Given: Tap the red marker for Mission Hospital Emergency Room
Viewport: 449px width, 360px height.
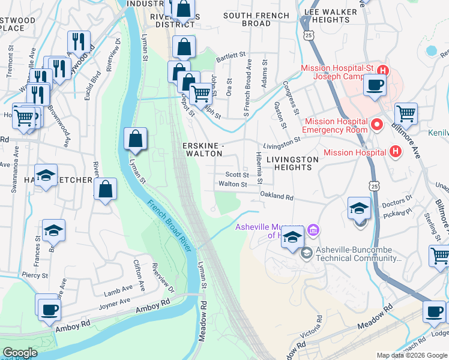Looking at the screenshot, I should [377, 125].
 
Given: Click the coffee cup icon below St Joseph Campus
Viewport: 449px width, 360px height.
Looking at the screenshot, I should [376, 85].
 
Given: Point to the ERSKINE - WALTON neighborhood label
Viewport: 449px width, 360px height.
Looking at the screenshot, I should [203, 149].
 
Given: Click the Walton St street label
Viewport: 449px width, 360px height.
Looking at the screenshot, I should [233, 184].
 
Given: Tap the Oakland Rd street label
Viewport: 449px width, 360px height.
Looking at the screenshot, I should [276, 196].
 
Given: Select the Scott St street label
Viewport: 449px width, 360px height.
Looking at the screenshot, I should [237, 175].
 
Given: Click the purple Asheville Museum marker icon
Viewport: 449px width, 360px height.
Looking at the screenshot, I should [312, 230].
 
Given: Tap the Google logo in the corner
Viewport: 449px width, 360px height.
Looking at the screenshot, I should [20, 353].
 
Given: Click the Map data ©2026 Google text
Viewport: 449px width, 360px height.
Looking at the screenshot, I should [412, 355].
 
